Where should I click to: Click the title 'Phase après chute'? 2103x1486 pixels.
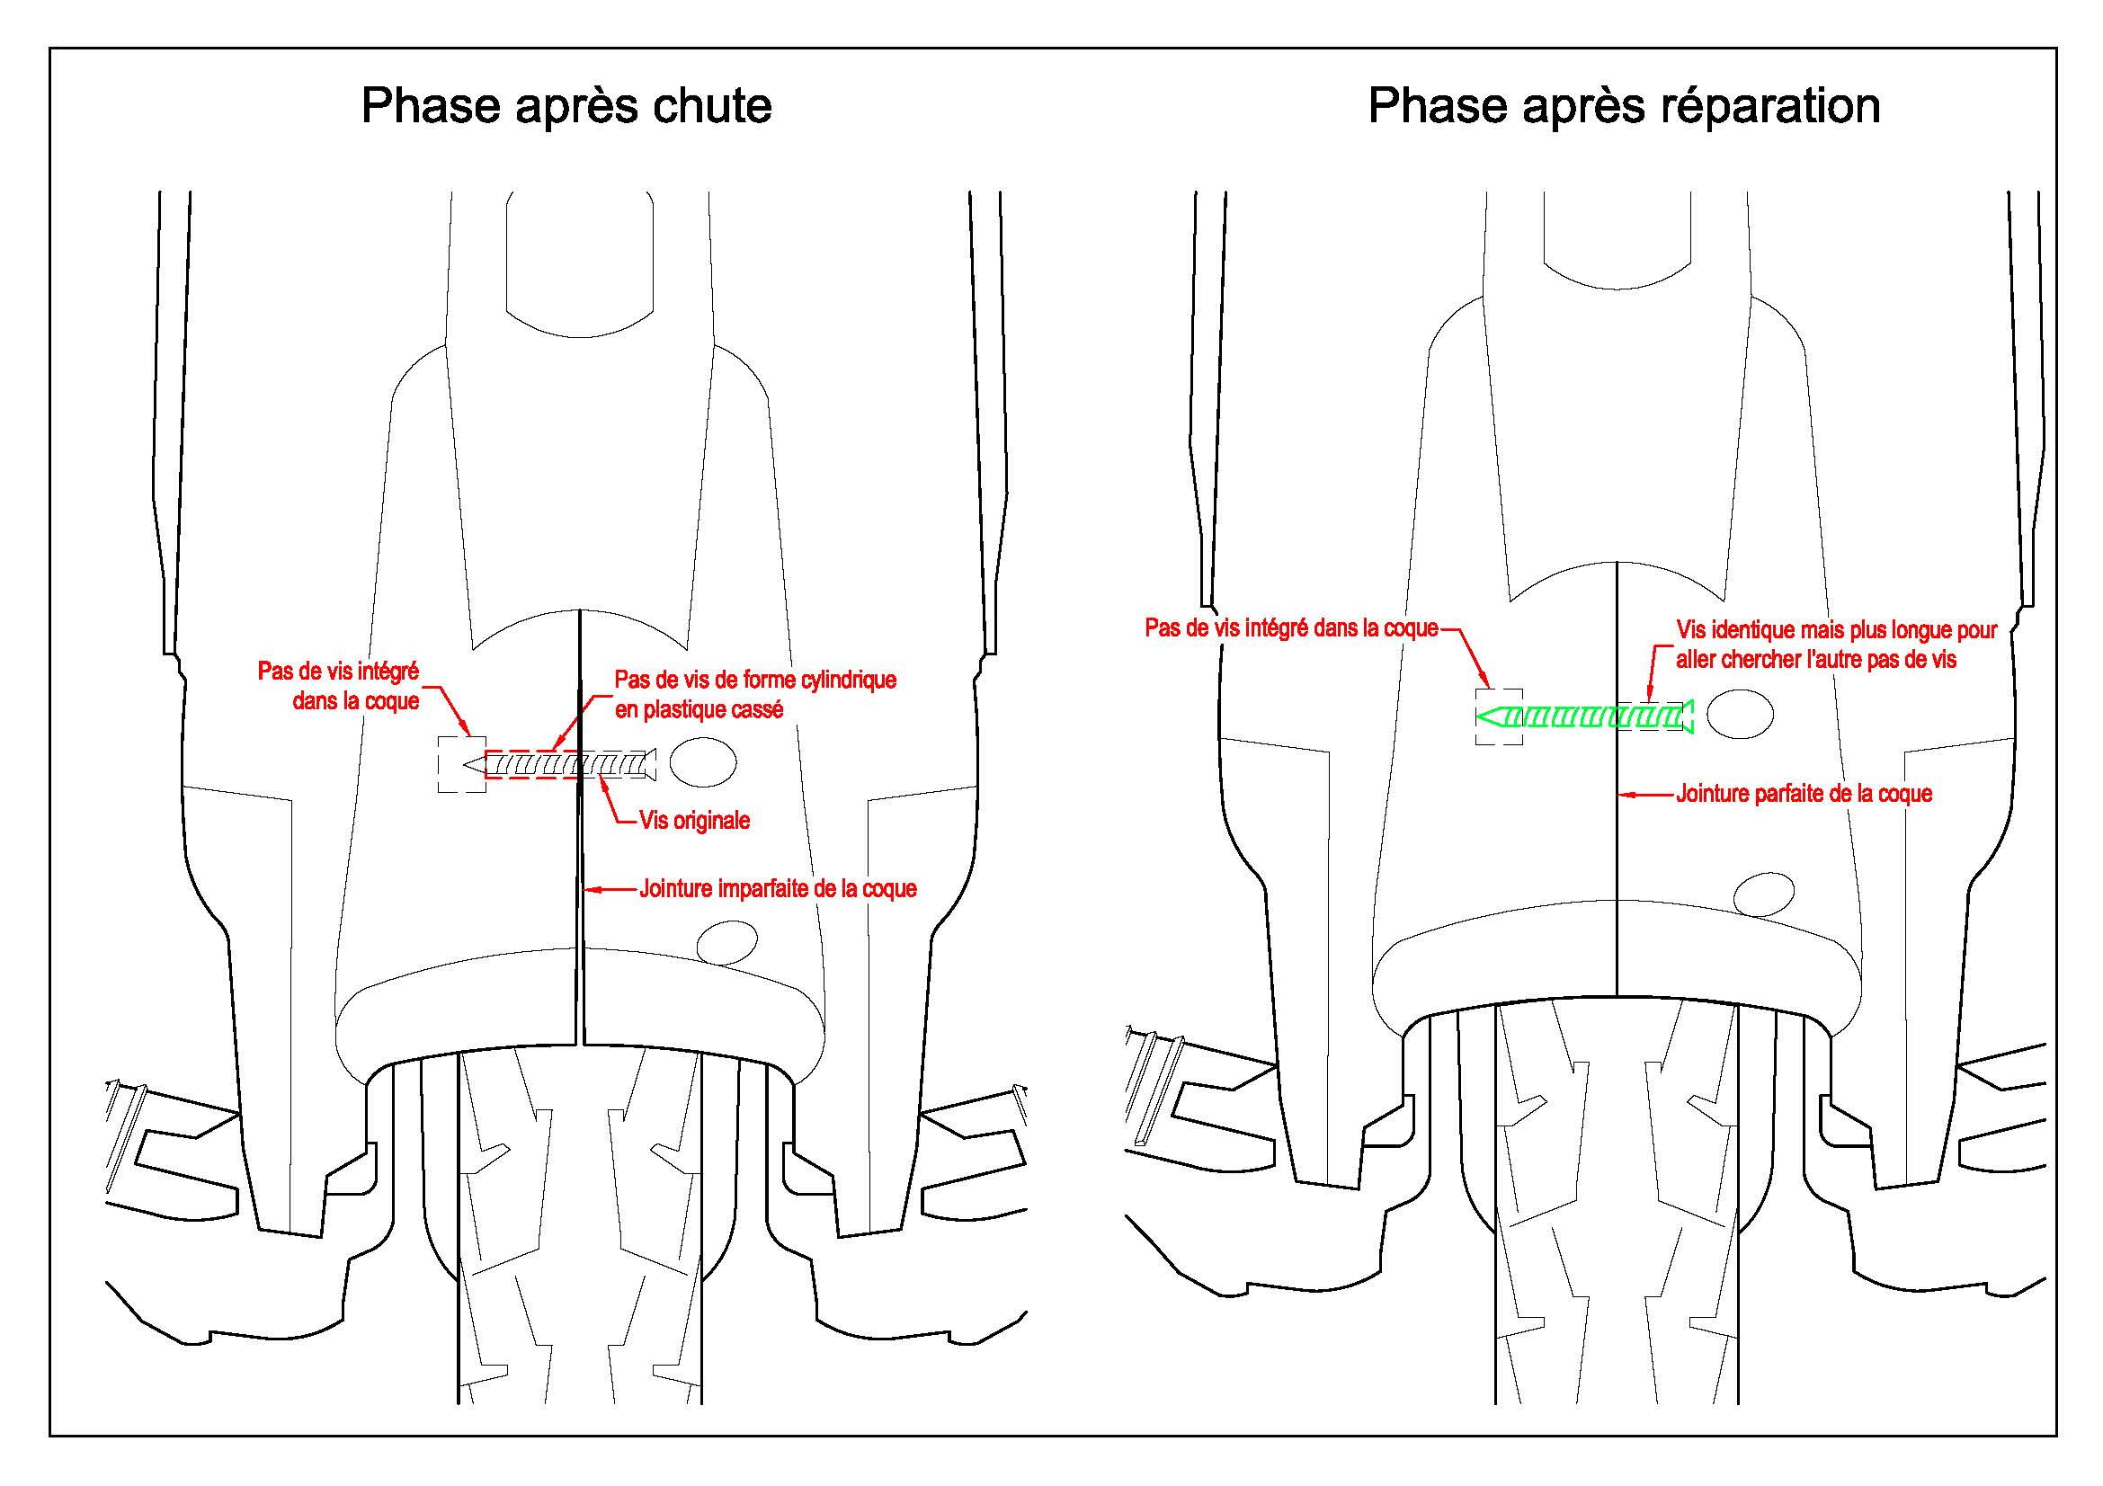566,107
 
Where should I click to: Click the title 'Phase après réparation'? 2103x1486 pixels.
1624,107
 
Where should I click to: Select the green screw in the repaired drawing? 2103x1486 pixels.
1584,716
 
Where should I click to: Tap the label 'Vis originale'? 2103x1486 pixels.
695,821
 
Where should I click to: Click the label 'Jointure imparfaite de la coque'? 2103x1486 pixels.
778,888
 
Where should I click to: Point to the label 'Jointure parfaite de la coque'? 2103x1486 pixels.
1804,794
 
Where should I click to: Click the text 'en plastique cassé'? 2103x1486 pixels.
699,709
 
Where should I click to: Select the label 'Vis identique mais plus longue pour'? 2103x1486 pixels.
1838,630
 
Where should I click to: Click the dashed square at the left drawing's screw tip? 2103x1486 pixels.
461,763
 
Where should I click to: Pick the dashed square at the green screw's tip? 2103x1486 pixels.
1499,716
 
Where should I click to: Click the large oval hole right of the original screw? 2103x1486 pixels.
702,761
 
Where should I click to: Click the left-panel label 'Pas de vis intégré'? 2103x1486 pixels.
338,672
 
